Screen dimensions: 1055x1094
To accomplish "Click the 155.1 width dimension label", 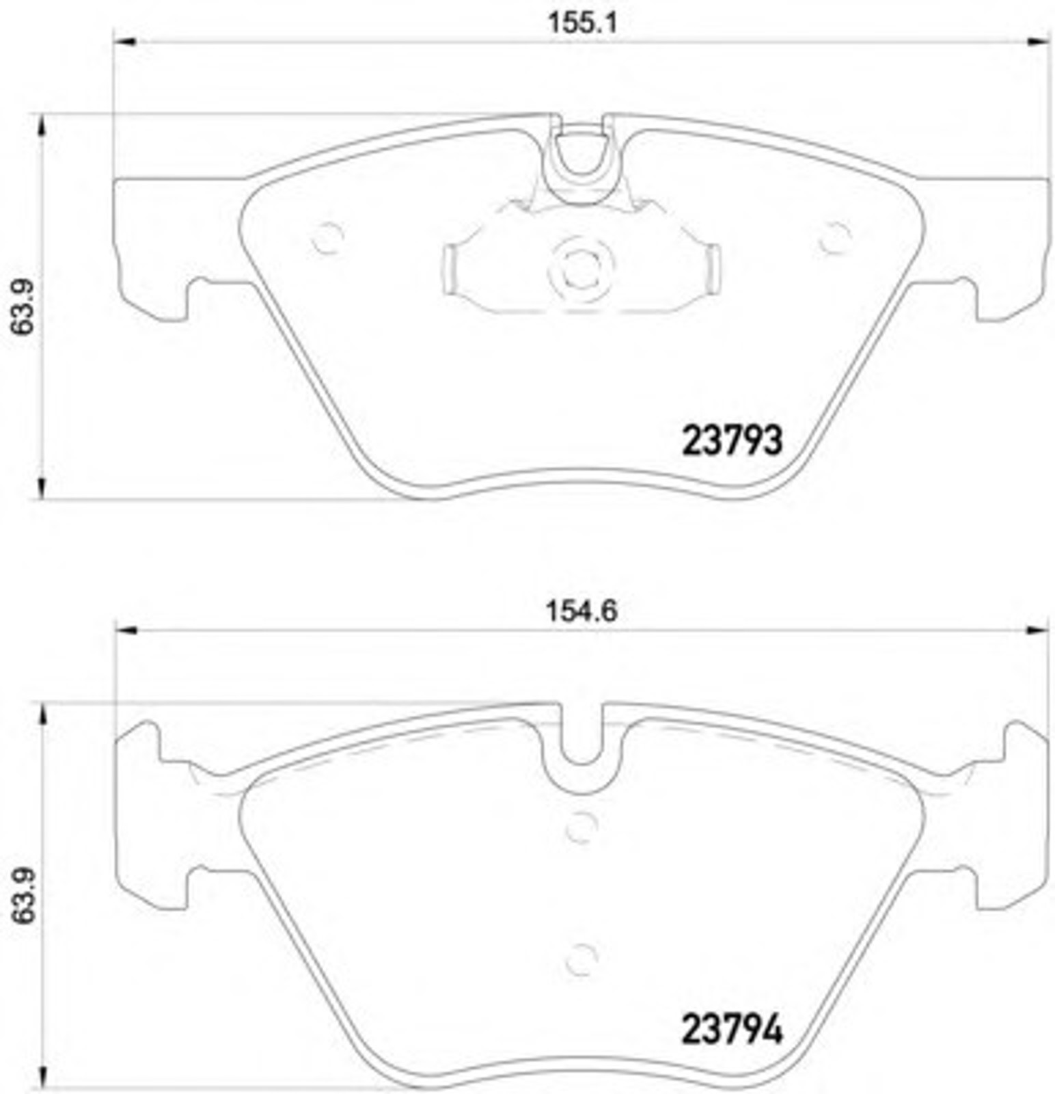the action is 582,24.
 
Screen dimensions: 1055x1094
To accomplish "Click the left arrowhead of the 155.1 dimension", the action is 124,42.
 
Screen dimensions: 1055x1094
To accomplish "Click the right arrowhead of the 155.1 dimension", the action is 1036,42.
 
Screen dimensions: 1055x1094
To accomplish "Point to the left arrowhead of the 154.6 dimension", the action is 128,630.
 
